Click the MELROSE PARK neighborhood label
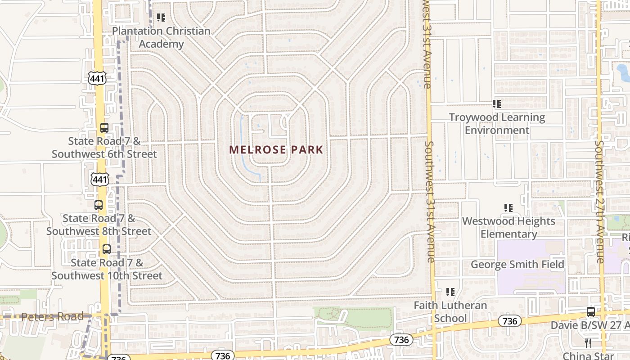click(276, 149)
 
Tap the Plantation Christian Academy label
click(161, 37)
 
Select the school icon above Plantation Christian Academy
click(161, 18)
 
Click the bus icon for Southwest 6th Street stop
click(104, 128)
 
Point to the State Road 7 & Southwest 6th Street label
click(104, 147)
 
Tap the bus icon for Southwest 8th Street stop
click(99, 205)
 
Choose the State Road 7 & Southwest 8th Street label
click(99, 225)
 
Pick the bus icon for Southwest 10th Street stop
click(107, 249)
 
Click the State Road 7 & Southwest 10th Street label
click(107, 269)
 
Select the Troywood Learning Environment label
click(497, 124)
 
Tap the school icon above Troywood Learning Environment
click(497, 104)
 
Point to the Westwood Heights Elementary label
click(508, 227)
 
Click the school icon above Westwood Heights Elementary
click(508, 208)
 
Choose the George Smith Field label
click(517, 264)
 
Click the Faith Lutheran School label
click(450, 311)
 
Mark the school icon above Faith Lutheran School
click(450, 292)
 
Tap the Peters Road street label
click(52, 316)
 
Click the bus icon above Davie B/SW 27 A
click(591, 311)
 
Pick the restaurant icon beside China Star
click(588, 343)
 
